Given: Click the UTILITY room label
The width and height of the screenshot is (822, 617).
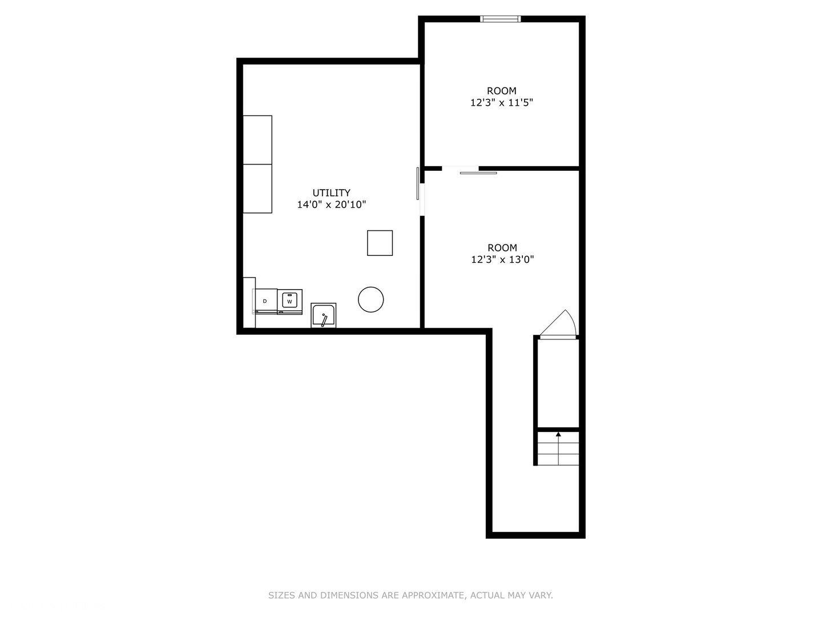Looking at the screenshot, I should pos(331,193).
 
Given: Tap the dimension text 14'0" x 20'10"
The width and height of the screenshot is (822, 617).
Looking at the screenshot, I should pos(331,205).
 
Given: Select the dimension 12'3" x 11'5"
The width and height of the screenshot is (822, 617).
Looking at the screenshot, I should pos(501,103).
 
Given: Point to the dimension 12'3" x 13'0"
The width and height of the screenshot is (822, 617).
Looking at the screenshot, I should pos(502,259).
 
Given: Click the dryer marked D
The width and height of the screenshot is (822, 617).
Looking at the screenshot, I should pos(265,301).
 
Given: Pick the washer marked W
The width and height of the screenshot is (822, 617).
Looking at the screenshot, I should pos(290,301).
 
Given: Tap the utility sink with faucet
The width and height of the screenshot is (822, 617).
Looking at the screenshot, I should pos(324,315).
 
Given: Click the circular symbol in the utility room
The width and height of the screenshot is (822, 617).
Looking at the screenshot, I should pos(371,299).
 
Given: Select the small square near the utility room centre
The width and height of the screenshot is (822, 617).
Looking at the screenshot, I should pos(380,243).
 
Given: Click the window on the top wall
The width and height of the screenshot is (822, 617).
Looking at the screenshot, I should pos(501,19).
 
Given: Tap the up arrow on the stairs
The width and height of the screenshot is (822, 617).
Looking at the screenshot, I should pos(558,435).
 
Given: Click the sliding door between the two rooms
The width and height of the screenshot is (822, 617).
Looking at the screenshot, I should pos(478,172).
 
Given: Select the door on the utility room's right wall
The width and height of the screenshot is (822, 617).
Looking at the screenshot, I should pos(418,183).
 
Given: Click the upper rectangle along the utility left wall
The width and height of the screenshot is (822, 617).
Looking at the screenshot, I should pos(257,140).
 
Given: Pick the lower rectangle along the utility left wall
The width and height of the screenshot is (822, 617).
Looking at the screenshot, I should pos(257,189).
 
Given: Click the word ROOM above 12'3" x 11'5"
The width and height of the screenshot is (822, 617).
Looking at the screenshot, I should pos(501,91).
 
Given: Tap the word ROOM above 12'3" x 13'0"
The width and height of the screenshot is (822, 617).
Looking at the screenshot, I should pos(502,247).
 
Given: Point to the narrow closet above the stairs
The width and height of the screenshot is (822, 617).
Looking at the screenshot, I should pos(558,383).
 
